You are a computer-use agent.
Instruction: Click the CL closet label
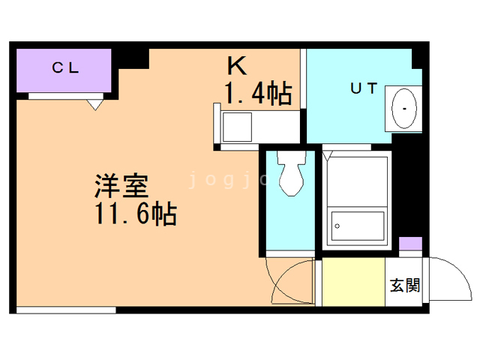click(x=65, y=67)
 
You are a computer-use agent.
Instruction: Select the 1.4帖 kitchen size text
click(x=258, y=93)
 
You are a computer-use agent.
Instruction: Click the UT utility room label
click(x=364, y=88)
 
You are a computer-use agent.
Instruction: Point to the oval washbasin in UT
click(x=404, y=109)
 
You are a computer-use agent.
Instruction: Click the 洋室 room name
click(x=121, y=186)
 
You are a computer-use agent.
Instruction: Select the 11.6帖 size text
click(x=136, y=213)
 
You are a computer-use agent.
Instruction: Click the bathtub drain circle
click(x=337, y=226)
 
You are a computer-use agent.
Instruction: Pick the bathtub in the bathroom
click(x=357, y=226)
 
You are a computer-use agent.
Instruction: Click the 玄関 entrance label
click(x=405, y=285)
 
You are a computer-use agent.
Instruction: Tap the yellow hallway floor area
click(x=353, y=282)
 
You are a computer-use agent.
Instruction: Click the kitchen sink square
click(x=237, y=127)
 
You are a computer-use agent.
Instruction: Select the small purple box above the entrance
click(x=410, y=244)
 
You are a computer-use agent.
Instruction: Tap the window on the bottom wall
click(x=66, y=310)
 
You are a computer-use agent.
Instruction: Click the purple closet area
click(x=64, y=70)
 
